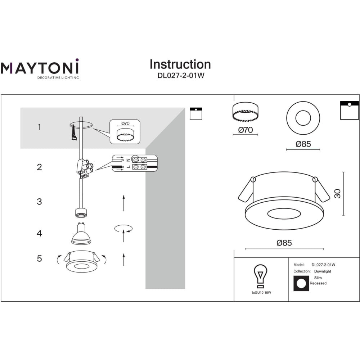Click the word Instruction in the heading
(x=180, y=64)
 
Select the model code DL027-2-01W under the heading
(x=181, y=76)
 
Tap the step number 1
(x=40, y=127)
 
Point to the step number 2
(x=40, y=167)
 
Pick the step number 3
(x=40, y=202)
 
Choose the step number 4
(x=40, y=233)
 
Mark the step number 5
(x=40, y=258)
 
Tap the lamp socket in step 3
(x=81, y=213)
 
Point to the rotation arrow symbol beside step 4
(x=123, y=229)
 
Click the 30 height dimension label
(x=337, y=194)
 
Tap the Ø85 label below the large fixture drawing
(x=284, y=243)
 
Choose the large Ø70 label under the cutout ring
(x=246, y=130)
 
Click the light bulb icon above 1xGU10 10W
(x=260, y=276)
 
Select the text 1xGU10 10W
(x=261, y=293)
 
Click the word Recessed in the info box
(x=318, y=283)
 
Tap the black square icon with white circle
(x=301, y=284)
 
